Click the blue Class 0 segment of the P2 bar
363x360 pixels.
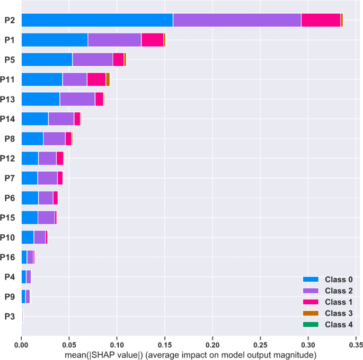(97, 20)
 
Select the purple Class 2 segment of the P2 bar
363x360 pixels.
(237, 20)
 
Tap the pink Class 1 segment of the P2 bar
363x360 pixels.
(321, 20)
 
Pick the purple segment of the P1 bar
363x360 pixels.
(114, 40)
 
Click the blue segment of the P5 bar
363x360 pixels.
(47, 59)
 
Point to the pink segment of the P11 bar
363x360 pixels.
(96, 80)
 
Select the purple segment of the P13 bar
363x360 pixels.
(77, 99)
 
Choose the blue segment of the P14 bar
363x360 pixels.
(34, 119)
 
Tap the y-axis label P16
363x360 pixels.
(11, 257)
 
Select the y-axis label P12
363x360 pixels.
(11, 159)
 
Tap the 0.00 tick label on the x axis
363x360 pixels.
(21, 344)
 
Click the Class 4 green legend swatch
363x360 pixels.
(311, 324)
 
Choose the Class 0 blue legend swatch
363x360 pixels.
(311, 279)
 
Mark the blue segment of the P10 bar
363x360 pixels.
(28, 237)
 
